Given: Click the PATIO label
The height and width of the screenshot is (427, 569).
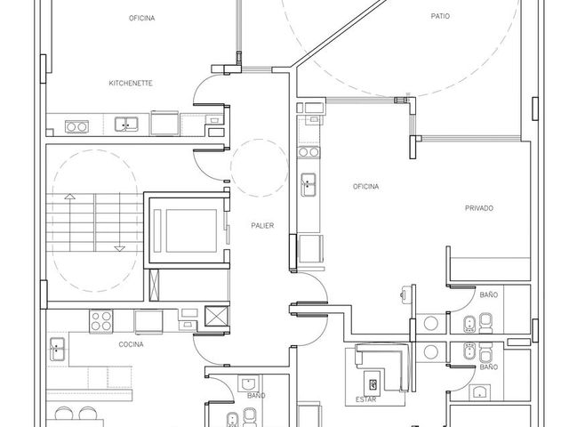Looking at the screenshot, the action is (x=440, y=16).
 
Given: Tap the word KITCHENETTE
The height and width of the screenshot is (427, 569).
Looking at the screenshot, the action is (x=131, y=83).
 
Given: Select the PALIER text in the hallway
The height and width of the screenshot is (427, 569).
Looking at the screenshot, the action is (x=262, y=225).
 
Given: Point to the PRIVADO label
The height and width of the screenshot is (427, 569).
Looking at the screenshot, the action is (x=479, y=208).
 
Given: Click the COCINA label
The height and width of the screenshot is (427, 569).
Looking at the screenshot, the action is (x=131, y=344).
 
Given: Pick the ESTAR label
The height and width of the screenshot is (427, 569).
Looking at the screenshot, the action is (x=365, y=399).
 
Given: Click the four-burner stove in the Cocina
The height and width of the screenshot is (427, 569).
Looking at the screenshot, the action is (x=100, y=321).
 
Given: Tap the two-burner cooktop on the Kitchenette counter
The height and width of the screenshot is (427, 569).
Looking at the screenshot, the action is (x=76, y=126).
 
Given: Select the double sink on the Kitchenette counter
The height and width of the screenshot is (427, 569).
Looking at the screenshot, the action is (x=126, y=125).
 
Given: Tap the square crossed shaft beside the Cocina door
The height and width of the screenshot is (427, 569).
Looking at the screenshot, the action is (x=217, y=316).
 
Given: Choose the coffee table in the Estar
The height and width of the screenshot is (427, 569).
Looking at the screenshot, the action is (x=372, y=384).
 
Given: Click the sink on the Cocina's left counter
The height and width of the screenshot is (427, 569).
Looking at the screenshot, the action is (x=57, y=349).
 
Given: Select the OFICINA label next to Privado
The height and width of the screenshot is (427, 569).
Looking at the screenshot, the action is (x=365, y=186).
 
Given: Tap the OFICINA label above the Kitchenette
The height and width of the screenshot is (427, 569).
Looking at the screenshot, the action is (x=141, y=18).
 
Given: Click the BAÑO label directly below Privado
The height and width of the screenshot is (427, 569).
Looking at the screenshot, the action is (x=489, y=294).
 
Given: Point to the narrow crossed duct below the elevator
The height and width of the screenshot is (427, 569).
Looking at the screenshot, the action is (x=154, y=285).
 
